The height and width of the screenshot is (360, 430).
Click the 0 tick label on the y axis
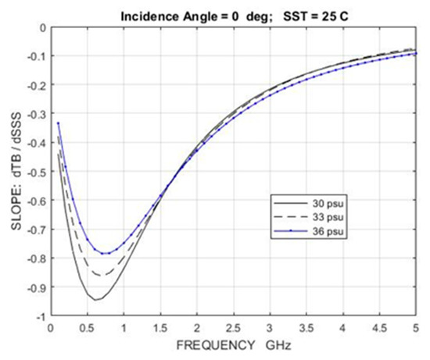click(x=40, y=27)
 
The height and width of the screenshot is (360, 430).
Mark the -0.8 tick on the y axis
click(x=34, y=258)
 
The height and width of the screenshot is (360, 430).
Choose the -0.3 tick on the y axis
click(x=34, y=114)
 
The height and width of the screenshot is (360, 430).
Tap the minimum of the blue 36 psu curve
click(x=103, y=253)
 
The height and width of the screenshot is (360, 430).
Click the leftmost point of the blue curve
click(x=58, y=123)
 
